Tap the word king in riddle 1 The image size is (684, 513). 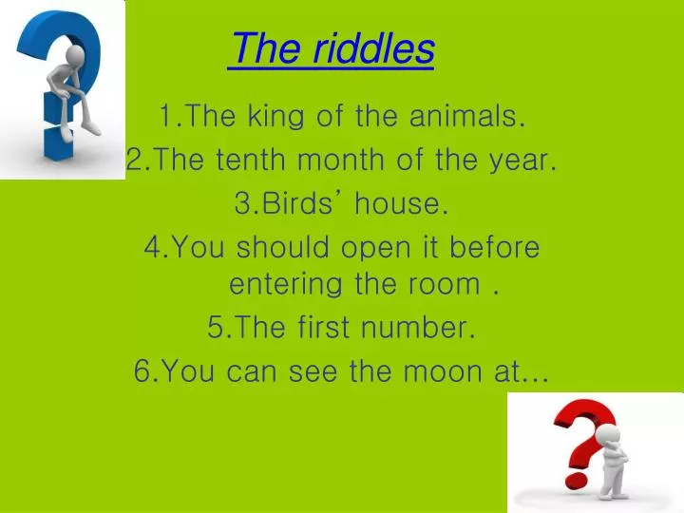coord(274,117)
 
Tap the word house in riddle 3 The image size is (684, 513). coord(403,204)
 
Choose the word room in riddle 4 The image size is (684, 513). coord(448,284)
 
